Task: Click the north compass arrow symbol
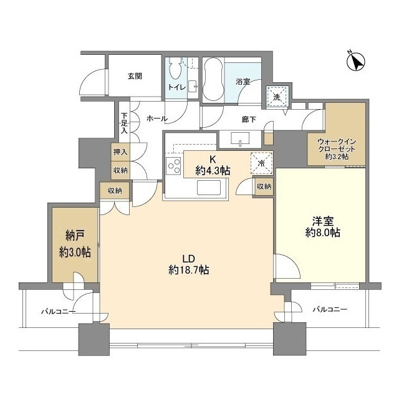355,62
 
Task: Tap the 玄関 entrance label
135,76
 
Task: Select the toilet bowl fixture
175,68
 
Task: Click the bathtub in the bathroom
213,80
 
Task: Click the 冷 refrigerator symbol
261,163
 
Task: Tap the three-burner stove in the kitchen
173,166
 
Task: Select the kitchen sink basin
209,188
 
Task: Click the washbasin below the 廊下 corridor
240,139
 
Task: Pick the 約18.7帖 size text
189,270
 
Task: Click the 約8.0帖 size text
323,233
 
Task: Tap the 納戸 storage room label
75,236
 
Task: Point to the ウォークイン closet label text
337,142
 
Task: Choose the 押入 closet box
120,152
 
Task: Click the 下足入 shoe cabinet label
124,123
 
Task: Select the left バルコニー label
58,311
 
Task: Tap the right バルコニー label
330,309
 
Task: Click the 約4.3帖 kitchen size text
213,170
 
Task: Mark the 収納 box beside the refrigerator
264,187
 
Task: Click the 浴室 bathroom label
243,82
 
